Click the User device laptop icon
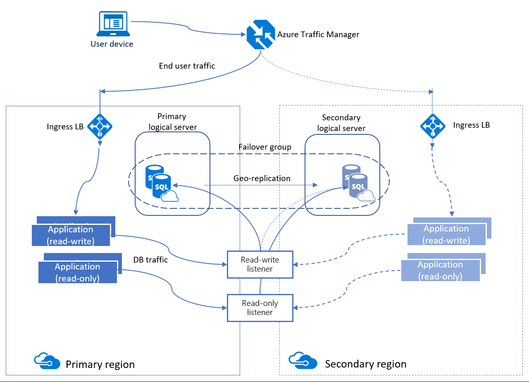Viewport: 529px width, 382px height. (x=112, y=24)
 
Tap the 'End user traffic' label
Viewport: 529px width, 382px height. (x=187, y=66)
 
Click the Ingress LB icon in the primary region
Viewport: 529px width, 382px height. (x=100, y=126)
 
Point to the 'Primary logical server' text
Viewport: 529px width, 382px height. (x=172, y=122)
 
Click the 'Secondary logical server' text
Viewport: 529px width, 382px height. (x=341, y=123)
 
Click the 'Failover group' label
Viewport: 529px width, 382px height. (x=264, y=147)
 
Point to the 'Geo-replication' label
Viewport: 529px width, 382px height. (x=262, y=178)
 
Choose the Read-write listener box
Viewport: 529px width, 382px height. (x=260, y=264)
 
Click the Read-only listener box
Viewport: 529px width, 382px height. (x=260, y=308)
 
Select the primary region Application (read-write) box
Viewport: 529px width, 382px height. (x=71, y=235)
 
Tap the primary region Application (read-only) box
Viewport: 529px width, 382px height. (x=77, y=272)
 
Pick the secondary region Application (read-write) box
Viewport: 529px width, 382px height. (x=446, y=234)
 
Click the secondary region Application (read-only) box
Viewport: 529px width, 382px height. (x=440, y=271)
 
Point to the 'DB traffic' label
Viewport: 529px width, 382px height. (x=150, y=260)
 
